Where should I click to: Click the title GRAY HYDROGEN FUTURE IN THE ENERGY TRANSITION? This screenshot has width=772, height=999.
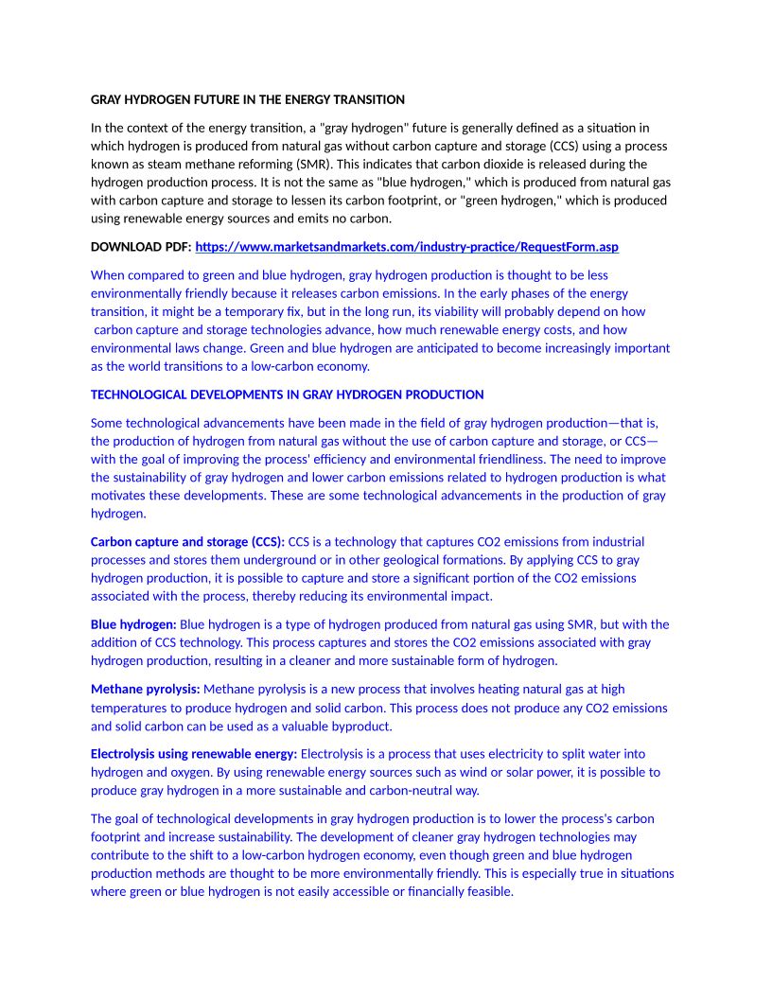(248, 99)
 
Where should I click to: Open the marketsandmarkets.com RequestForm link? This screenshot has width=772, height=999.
(407, 247)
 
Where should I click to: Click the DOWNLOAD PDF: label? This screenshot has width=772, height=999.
(140, 247)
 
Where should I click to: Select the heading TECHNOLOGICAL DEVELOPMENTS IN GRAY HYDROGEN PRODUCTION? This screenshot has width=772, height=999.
(287, 394)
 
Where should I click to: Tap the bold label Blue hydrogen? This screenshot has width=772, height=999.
(133, 624)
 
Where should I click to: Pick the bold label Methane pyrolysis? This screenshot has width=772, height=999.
(145, 689)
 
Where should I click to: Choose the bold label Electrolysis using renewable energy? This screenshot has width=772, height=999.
(194, 754)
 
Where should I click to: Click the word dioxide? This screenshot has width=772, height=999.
(507, 164)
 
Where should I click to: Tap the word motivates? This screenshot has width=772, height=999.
(116, 496)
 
